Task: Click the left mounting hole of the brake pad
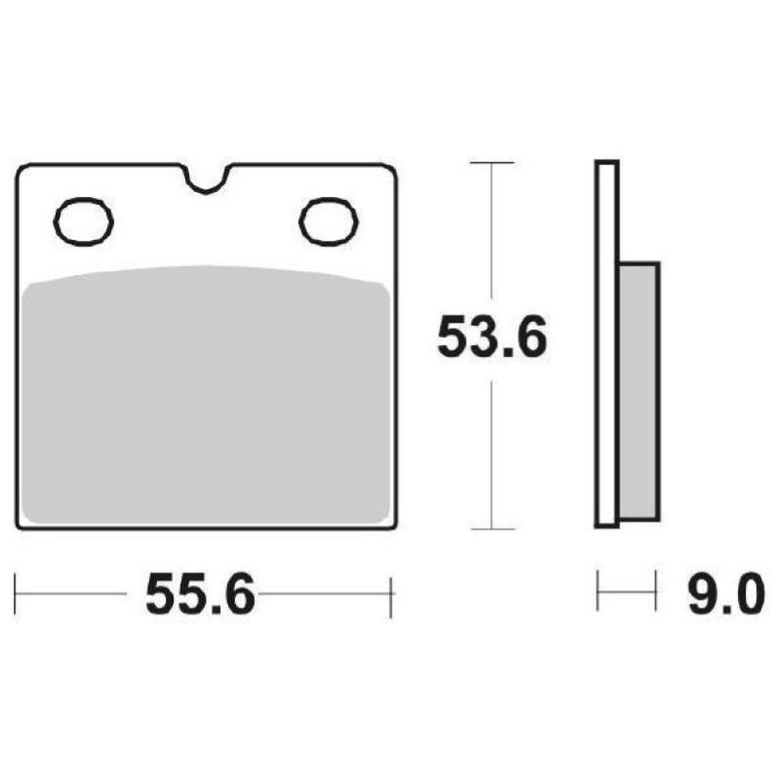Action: coord(84,221)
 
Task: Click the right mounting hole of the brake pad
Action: coord(329,221)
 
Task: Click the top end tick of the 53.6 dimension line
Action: coord(491,163)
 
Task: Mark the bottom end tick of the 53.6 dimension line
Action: coord(491,529)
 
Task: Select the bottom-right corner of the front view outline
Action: coord(392,527)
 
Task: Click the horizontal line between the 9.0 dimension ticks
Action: coord(625,593)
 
